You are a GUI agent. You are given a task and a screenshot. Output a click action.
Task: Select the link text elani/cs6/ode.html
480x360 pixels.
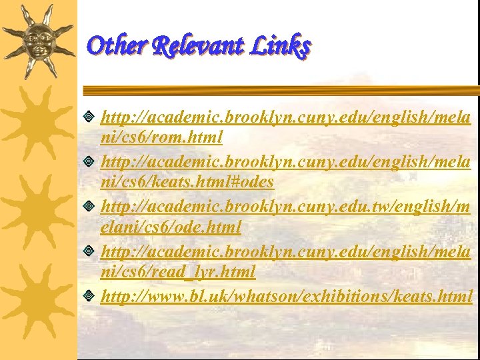171,227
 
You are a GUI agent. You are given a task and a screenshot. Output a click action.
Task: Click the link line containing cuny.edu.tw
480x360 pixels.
285,207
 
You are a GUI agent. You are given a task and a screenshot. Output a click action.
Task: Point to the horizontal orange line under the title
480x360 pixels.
280,90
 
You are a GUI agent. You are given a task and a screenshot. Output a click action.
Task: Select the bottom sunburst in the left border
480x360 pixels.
38,300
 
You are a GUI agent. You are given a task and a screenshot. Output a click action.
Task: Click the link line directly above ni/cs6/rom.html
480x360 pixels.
285,117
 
